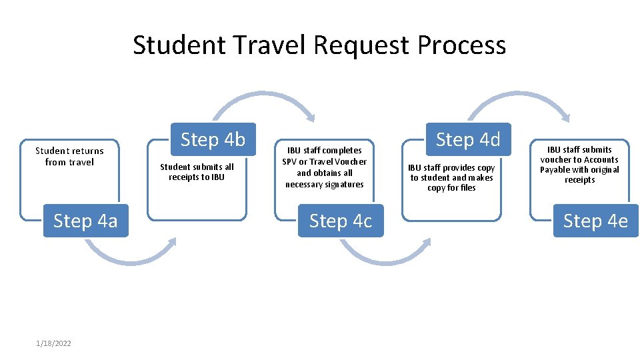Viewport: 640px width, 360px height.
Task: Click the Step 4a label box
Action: (x=85, y=221)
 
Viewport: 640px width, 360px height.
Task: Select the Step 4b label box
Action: (x=213, y=140)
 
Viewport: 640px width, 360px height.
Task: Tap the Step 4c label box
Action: (x=340, y=221)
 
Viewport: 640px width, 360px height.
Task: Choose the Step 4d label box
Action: (x=467, y=140)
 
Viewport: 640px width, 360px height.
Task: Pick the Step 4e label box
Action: (x=595, y=221)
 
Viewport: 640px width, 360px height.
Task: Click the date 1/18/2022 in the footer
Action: (x=54, y=343)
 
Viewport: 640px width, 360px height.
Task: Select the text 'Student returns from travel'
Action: (x=69, y=157)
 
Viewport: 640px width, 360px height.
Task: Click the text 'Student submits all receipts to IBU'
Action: (x=197, y=172)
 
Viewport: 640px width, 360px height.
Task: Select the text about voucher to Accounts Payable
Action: (x=579, y=165)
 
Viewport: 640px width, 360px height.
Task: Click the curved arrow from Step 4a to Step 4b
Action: (x=130, y=253)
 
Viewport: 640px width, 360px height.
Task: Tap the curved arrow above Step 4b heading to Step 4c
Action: (x=263, y=100)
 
